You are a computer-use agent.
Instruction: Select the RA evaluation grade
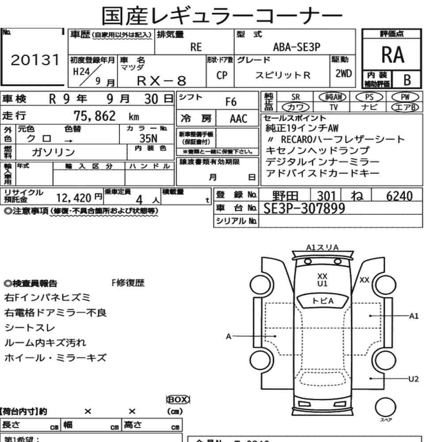tap(392, 55)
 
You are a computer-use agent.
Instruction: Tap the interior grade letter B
tap(407, 80)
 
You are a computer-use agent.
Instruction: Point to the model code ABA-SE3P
tap(297, 48)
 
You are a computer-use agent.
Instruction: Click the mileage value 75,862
tap(95, 116)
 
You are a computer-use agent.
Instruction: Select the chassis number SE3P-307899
tap(304, 208)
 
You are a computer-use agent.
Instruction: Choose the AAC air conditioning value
tap(238, 119)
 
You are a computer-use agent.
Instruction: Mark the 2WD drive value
tap(343, 74)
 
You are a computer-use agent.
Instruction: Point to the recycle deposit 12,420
tap(74, 197)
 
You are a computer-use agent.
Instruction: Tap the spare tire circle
tap(385, 406)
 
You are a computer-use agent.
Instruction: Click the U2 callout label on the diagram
tap(414, 378)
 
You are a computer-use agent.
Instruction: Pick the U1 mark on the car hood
tap(323, 283)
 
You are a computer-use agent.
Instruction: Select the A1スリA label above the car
tap(323, 248)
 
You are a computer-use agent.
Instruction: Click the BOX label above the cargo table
tap(178, 399)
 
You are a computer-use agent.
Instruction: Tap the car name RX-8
tap(162, 80)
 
